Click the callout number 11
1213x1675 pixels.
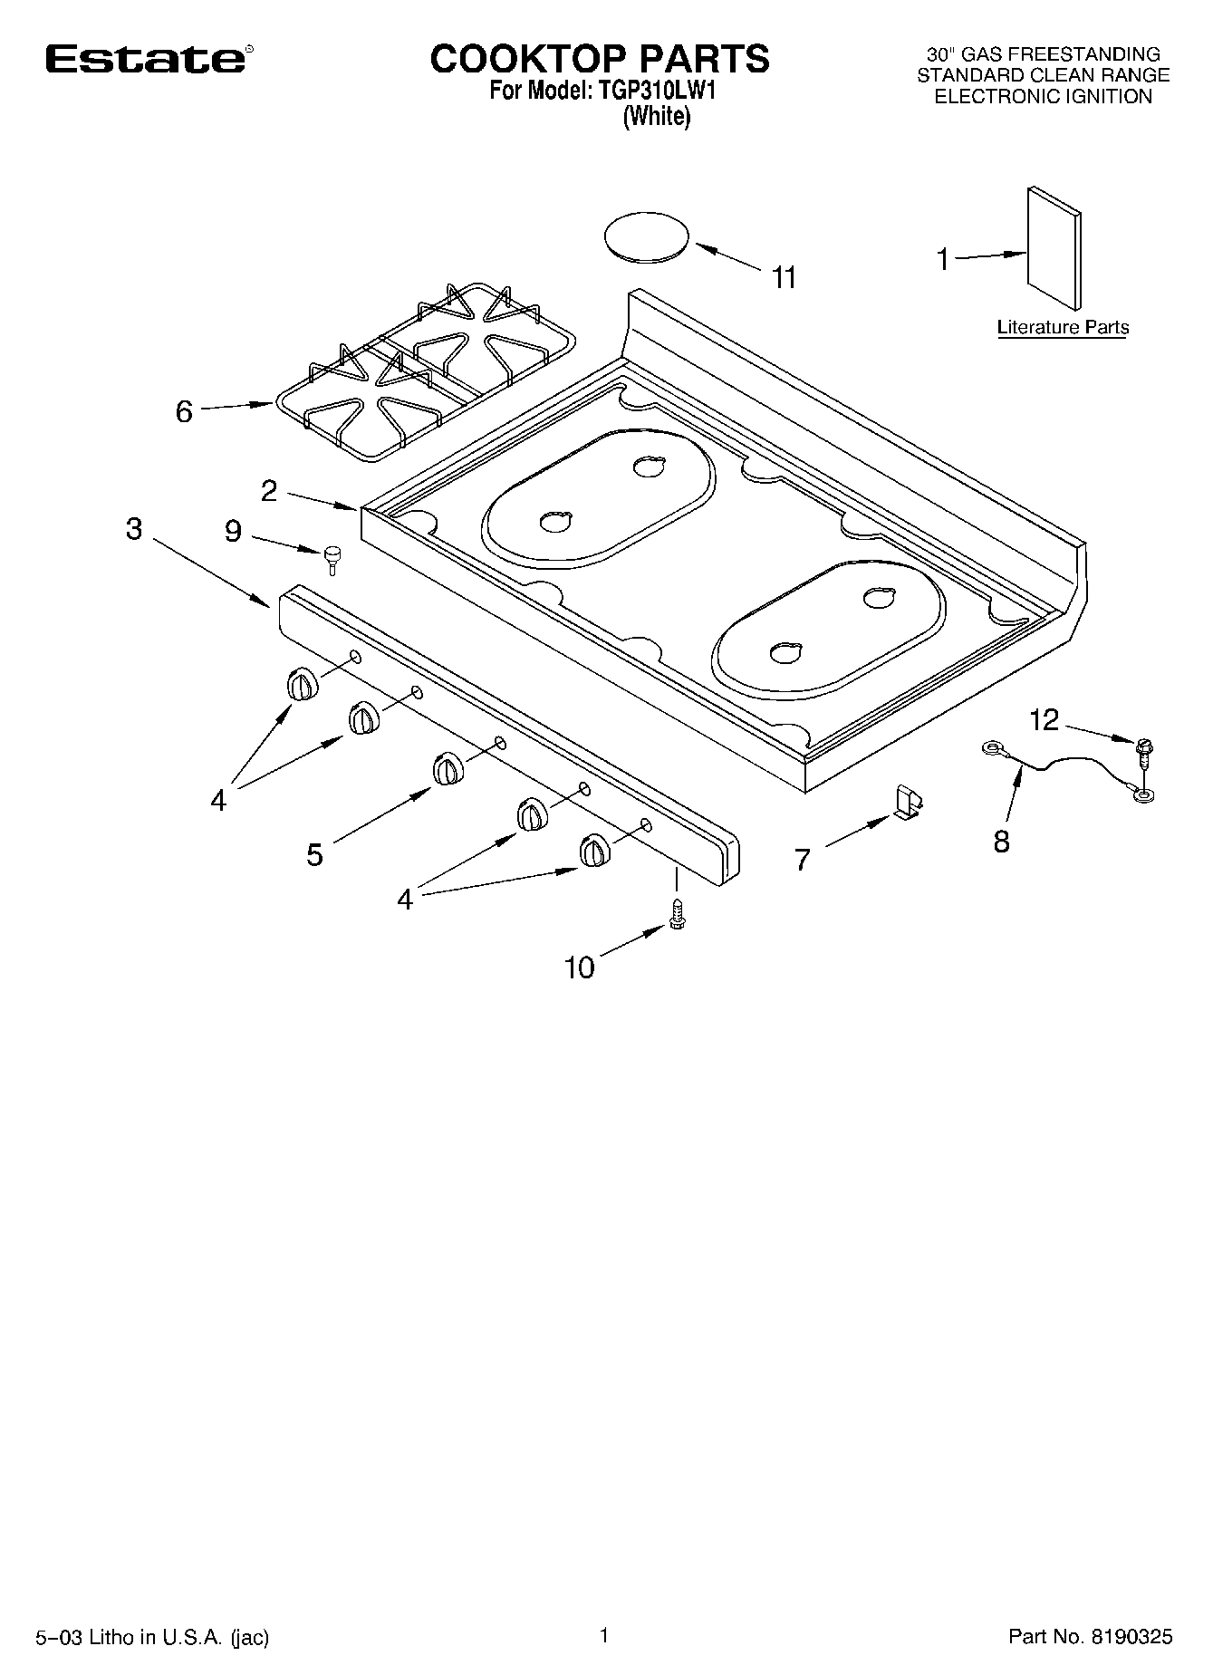coord(785,277)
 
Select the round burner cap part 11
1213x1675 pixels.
coord(646,238)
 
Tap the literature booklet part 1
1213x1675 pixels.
coord(1054,249)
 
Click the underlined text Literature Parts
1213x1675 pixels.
coord(1063,327)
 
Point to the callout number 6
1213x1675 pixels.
coord(184,412)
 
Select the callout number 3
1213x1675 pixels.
coord(134,529)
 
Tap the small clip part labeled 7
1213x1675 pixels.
coord(908,802)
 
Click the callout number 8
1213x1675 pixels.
coord(1001,842)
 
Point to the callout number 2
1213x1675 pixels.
coord(269,490)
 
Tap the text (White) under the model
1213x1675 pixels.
coord(656,117)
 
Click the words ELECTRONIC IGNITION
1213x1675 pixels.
coord(1043,97)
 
